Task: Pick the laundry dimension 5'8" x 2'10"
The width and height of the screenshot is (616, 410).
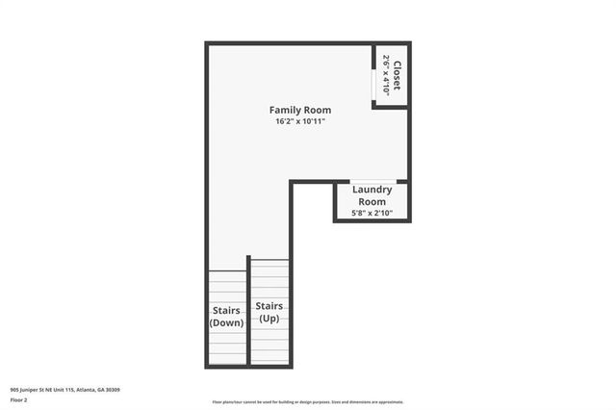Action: pyautogui.click(x=372, y=213)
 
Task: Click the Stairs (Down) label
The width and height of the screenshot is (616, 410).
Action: pyautogui.click(x=227, y=317)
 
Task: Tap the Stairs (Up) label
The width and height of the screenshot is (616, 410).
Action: pyautogui.click(x=269, y=311)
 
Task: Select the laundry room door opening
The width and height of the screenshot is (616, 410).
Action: pyautogui.click(x=372, y=182)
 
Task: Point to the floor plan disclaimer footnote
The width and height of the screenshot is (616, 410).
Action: pyautogui.click(x=307, y=402)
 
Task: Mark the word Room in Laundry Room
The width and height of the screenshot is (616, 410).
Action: pyautogui.click(x=372, y=201)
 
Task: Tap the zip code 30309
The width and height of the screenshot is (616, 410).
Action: pyautogui.click(x=115, y=390)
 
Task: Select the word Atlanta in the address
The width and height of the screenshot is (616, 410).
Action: pyautogui.click(x=88, y=390)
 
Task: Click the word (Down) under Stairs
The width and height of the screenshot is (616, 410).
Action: pyautogui.click(x=227, y=322)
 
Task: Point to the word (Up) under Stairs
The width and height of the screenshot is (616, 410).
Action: pyautogui.click(x=269, y=318)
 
